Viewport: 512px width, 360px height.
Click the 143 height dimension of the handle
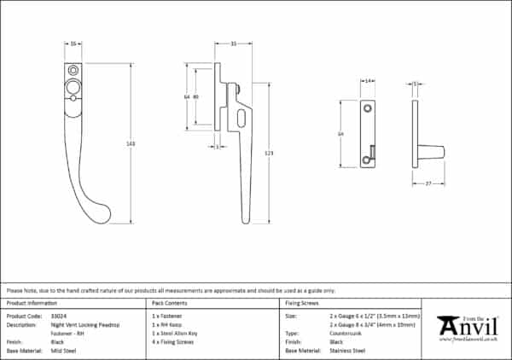tap(131, 143)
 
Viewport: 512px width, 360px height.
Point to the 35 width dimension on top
tap(232, 44)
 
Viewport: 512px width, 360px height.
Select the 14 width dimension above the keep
tap(368, 84)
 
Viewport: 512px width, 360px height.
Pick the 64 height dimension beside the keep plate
tap(340, 134)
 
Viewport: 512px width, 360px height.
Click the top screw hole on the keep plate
tap(368, 109)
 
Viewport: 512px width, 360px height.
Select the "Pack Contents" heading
tap(168, 303)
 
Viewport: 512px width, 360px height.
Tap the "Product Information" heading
tap(32, 303)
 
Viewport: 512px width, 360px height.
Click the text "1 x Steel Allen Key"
tap(173, 333)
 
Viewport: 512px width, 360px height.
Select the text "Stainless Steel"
tap(348, 349)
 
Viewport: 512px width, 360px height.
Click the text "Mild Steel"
tap(63, 349)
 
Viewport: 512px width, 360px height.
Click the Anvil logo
tap(467, 328)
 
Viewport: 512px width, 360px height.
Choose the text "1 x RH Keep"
tap(166, 324)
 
